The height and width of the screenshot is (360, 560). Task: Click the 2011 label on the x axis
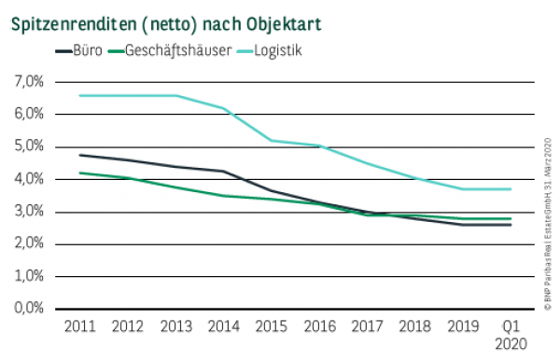(x=80, y=326)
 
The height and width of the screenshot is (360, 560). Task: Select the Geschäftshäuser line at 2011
(x=80, y=173)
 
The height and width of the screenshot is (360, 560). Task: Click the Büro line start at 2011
(x=80, y=155)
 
